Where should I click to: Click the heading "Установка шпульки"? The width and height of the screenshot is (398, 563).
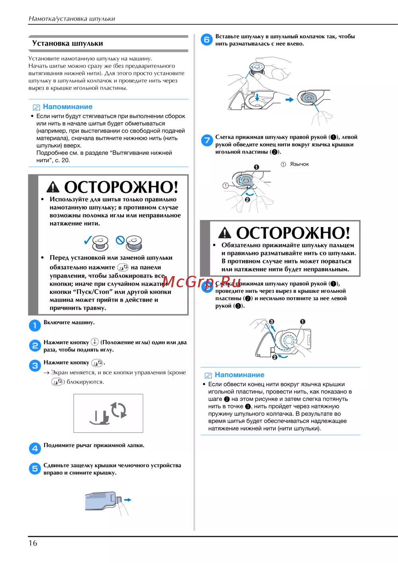coord(67,43)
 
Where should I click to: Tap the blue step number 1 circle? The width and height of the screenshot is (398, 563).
coord(35,325)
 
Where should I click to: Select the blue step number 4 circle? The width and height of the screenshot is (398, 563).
coord(35,448)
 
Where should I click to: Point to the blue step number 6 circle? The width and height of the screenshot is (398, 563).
coord(207,39)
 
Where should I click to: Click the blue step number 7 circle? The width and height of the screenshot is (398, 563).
coord(207,140)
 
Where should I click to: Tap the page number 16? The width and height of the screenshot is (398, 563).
coord(33,543)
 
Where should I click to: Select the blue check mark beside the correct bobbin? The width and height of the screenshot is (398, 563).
coord(88,240)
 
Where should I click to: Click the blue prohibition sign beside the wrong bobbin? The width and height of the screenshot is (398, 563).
coord(120,240)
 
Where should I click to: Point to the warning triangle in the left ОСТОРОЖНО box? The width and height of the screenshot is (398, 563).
coord(53,187)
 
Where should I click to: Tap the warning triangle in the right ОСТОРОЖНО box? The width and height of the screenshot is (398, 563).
coord(224,232)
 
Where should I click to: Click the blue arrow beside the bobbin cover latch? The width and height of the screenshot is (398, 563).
coord(128,500)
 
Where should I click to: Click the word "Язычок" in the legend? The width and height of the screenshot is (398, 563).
coord(299,164)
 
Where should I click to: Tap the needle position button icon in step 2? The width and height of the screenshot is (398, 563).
coord(95,342)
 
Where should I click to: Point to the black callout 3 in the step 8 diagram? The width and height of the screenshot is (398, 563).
coord(271,321)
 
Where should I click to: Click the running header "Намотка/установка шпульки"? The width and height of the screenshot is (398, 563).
coord(72,19)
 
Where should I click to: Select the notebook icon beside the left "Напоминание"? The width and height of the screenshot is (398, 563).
coord(36,107)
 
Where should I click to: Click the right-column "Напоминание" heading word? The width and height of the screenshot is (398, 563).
coord(239,375)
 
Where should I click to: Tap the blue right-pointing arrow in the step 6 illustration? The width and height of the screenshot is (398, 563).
coord(289,99)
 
